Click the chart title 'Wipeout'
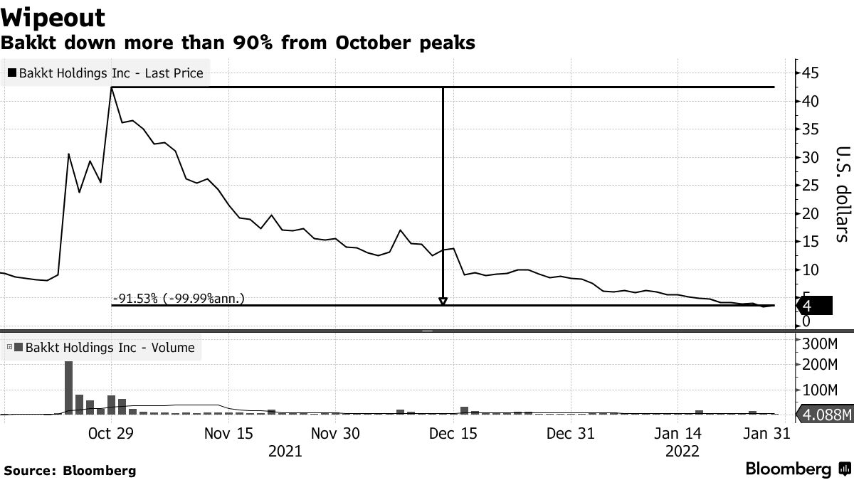[x=53, y=16]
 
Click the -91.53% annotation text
[x=178, y=299]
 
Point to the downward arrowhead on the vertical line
[x=443, y=302]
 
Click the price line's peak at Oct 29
[x=112, y=87]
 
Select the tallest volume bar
[x=69, y=388]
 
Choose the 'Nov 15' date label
[x=228, y=433]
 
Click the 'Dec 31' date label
[x=570, y=433]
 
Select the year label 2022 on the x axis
[x=682, y=451]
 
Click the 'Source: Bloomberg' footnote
[x=70, y=470]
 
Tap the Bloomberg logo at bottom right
[x=797, y=469]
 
